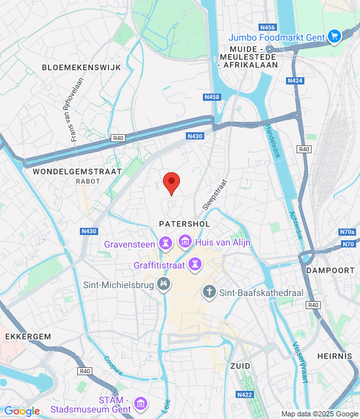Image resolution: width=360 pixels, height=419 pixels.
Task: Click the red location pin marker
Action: pos(171,183)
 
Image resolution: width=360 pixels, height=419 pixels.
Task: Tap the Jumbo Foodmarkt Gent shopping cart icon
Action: pos(334,37)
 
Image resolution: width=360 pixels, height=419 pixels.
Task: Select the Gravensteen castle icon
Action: pos(166,244)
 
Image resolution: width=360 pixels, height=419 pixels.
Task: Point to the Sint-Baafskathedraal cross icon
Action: pos(209,291)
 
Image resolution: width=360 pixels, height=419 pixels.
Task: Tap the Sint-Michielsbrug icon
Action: pos(164,285)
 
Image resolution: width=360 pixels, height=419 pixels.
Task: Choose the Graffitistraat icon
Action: pos(194,265)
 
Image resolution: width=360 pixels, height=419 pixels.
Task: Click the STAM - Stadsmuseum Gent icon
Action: pos(140,404)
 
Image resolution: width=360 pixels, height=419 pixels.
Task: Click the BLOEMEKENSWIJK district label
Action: pos(73,67)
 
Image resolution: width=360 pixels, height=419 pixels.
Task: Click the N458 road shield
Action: pos(211,97)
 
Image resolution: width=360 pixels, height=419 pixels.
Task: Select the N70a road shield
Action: pos(347,232)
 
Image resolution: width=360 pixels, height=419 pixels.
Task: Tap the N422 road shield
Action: pos(244,394)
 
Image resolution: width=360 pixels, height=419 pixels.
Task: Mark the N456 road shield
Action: pos(267,27)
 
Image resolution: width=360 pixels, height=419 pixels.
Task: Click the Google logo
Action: pos(22,411)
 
